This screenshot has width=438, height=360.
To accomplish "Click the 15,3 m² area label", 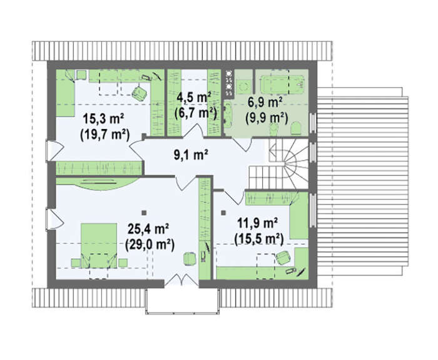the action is click(103, 119).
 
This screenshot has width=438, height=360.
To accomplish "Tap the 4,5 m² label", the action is click(193, 98).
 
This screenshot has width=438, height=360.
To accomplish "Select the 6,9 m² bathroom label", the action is click(265, 103).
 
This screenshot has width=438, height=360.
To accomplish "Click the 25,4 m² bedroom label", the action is click(148, 229).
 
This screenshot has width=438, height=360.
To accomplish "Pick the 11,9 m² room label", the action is click(257, 224).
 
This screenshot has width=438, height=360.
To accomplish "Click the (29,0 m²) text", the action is click(150, 245).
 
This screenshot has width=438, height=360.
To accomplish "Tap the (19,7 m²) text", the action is click(104, 135).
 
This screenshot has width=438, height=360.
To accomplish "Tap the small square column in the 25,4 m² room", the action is click(144, 213).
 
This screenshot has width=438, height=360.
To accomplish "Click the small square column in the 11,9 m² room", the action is click(223, 213).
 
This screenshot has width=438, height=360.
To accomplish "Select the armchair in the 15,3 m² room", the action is click(139, 93).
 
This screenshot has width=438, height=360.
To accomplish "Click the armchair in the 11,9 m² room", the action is click(283, 257).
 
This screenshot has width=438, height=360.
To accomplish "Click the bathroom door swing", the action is click(243, 144).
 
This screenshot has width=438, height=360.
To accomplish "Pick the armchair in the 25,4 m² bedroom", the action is click(190, 259).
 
